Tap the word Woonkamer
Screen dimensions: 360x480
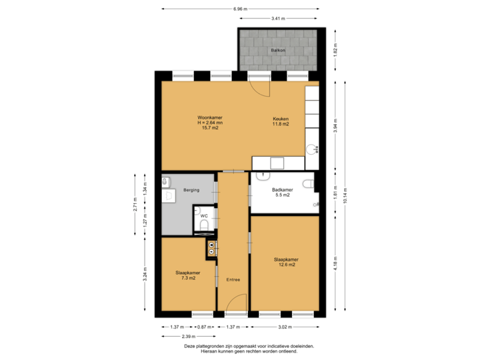210,118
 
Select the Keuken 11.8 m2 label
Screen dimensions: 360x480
280,121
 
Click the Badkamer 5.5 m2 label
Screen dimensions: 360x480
282,193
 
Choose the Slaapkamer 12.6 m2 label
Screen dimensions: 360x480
285,262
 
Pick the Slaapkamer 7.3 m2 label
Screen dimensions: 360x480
187,275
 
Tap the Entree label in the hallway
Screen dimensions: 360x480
232,279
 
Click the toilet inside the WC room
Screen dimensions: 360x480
205,226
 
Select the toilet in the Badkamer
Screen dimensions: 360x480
308,183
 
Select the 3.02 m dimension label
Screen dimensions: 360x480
285,327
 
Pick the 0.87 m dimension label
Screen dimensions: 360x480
205,327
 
